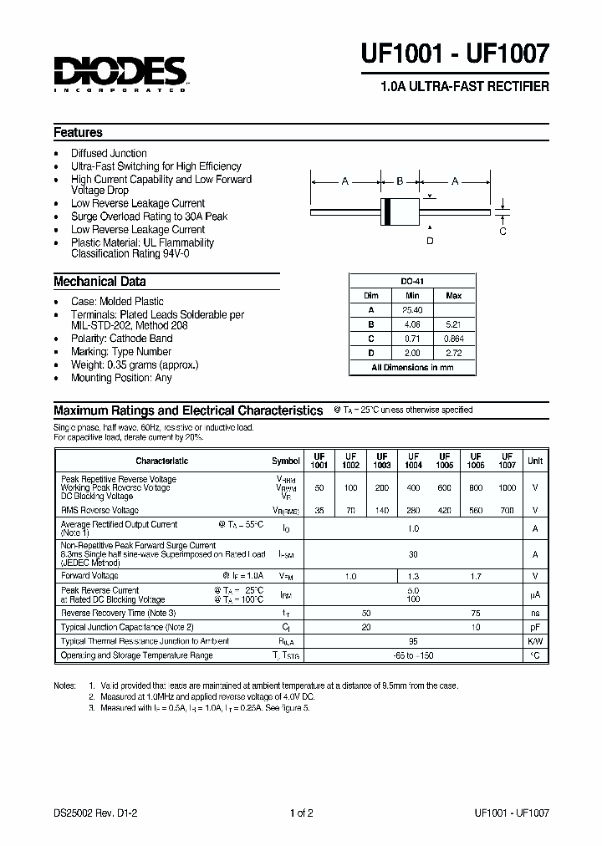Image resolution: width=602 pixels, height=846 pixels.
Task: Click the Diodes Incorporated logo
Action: (x=120, y=73)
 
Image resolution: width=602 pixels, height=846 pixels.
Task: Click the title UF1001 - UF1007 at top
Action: (x=455, y=54)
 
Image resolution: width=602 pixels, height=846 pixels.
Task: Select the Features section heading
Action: (x=78, y=132)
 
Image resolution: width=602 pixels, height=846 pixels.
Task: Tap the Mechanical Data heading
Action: (x=99, y=282)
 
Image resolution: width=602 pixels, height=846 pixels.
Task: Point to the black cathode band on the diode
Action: (x=386, y=212)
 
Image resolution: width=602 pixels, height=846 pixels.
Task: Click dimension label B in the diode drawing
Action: (x=400, y=181)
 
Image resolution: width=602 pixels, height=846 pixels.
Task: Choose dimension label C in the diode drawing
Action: (x=503, y=232)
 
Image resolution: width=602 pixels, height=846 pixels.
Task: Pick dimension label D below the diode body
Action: (x=430, y=241)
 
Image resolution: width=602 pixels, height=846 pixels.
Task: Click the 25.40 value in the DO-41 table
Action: (x=412, y=310)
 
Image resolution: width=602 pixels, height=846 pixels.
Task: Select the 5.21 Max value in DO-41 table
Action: (x=454, y=324)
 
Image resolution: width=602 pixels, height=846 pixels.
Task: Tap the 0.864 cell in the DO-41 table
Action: (x=454, y=339)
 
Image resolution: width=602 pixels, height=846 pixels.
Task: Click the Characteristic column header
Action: (x=162, y=461)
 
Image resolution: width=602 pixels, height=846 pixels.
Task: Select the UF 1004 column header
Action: (x=413, y=461)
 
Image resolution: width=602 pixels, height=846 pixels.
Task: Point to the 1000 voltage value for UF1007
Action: (x=507, y=487)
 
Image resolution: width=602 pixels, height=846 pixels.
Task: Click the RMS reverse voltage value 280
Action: (x=413, y=510)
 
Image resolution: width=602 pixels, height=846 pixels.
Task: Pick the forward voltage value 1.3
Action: (x=413, y=576)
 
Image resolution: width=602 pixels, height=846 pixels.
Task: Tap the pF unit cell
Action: (x=535, y=627)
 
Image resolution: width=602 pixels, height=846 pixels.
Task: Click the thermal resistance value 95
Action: (x=413, y=641)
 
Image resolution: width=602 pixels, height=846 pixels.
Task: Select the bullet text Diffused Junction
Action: (x=109, y=153)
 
